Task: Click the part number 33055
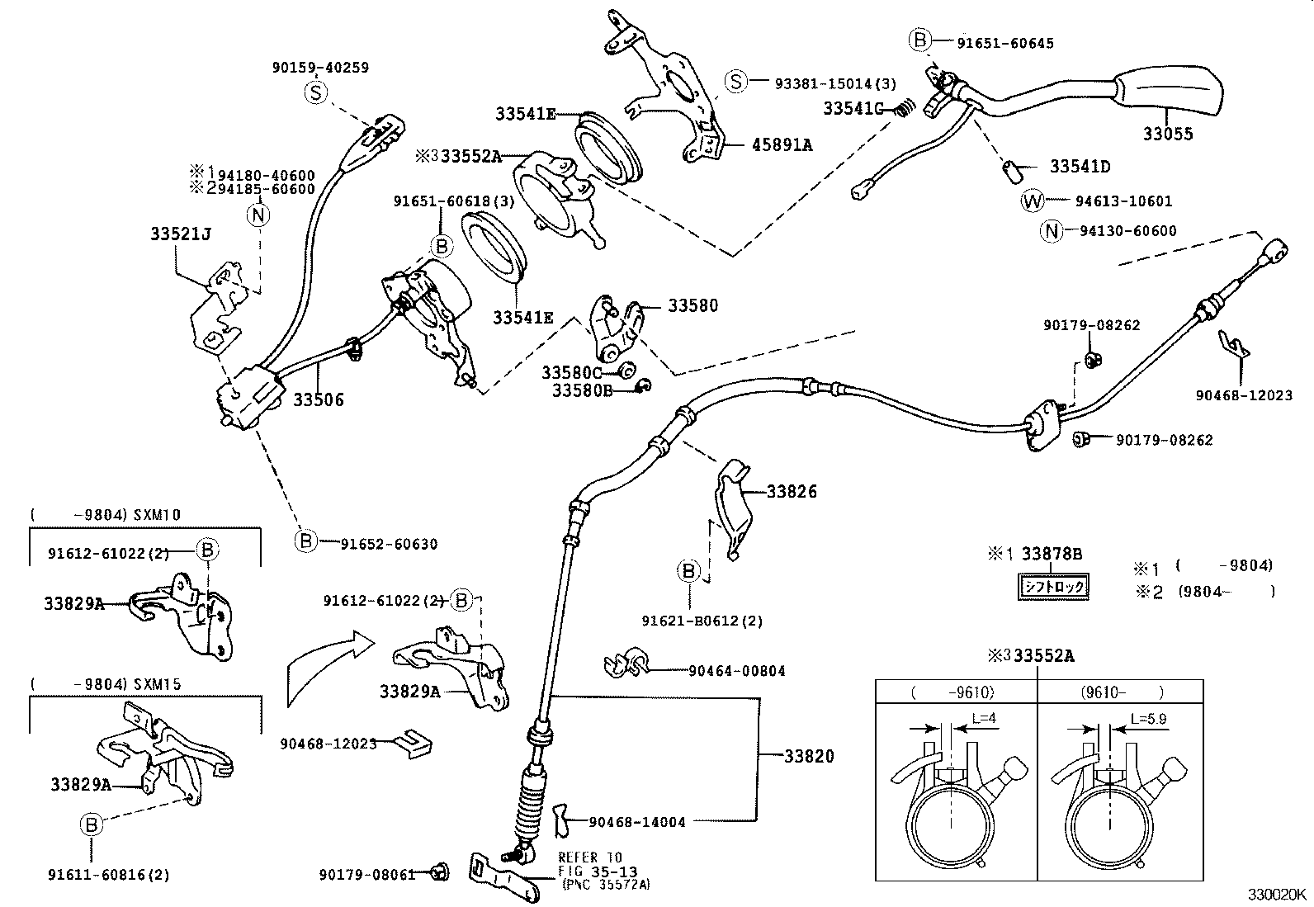(x=1167, y=134)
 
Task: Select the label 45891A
(x=781, y=145)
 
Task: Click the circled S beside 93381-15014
(x=735, y=82)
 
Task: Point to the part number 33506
(x=318, y=400)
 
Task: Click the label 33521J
(x=180, y=234)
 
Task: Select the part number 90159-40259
(x=320, y=68)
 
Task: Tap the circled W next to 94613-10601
(x=1032, y=201)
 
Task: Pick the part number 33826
(x=792, y=492)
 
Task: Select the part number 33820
(x=809, y=756)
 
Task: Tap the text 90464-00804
(x=736, y=671)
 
